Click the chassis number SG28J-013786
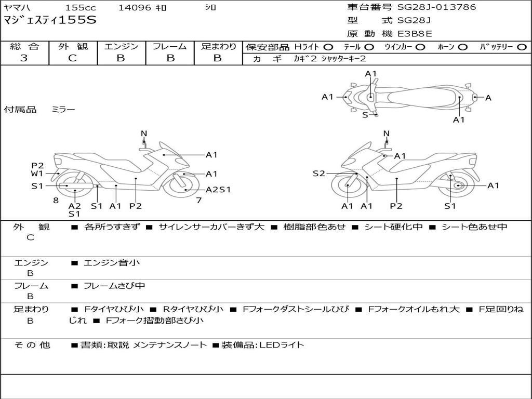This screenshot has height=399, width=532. click(436, 7)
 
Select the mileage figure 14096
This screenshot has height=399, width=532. click(135, 8)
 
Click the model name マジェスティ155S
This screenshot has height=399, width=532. click(50, 21)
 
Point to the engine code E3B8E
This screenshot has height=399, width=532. click(415, 34)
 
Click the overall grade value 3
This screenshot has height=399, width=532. click(24, 58)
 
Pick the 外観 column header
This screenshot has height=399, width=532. click(73, 46)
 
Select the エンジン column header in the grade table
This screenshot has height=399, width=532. click(121, 46)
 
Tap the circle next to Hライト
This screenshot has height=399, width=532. click(328, 47)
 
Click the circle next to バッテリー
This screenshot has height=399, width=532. click(522, 47)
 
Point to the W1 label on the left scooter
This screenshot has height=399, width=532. click(37, 174)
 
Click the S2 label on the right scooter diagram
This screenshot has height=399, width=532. click(318, 174)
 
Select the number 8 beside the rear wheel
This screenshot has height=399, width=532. click(56, 200)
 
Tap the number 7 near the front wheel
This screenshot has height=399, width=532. click(198, 200)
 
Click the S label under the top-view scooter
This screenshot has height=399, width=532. click(365, 115)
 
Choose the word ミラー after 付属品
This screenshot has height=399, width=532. click(63, 110)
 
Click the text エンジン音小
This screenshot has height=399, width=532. click(111, 263)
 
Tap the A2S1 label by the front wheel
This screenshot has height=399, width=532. click(218, 190)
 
